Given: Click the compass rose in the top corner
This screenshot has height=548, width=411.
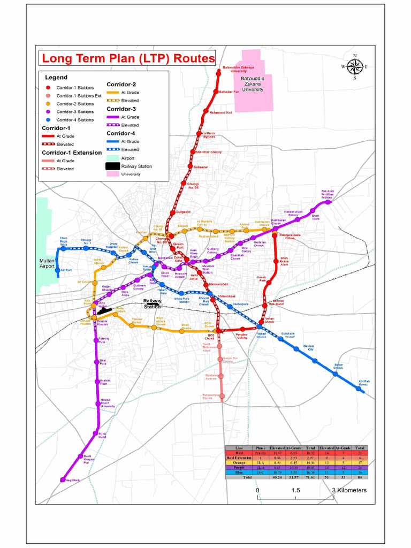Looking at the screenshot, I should pyautogui.click(x=354, y=66).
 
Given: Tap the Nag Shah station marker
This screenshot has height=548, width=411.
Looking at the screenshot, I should pyautogui.click(x=62, y=480).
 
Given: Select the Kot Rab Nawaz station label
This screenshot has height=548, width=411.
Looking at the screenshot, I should pyautogui.click(x=364, y=383).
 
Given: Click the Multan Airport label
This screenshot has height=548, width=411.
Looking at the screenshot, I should pyautogui.click(x=47, y=263).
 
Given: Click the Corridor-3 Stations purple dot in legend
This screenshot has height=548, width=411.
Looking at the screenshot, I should pyautogui.click(x=48, y=112).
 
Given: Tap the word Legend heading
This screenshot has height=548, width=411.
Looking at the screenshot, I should pyautogui.click(x=56, y=78).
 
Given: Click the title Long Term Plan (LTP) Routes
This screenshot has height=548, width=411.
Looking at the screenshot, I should pyautogui.click(x=128, y=58).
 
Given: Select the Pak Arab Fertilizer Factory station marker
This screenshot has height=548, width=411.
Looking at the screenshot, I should pyautogui.click(x=329, y=202).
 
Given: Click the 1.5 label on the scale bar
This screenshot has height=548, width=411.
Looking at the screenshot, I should pyautogui.click(x=295, y=490).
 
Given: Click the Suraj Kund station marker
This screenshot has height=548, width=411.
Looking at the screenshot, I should pyautogui.click(x=96, y=432).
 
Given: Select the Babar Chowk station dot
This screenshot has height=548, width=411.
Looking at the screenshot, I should pyautogui.click(x=336, y=374).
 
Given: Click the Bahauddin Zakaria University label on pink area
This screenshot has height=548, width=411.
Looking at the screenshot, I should pyautogui.click(x=253, y=84).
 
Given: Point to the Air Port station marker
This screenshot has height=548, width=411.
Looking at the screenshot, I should pyautogui.click(x=58, y=271).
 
